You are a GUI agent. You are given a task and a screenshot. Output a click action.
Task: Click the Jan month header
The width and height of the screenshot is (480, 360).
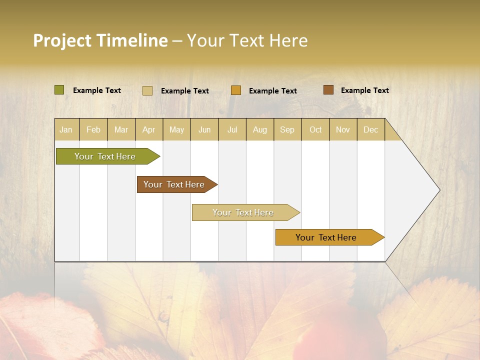66,129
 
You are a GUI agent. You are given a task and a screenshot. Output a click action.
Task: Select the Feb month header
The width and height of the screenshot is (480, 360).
93,129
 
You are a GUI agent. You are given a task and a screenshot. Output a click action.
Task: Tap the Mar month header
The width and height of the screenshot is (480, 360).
121,129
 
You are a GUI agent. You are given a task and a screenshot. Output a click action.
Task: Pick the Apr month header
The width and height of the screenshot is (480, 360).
149,129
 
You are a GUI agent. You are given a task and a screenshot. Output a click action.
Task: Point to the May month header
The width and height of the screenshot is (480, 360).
176,129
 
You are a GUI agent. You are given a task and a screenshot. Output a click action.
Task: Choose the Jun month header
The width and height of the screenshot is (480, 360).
204,129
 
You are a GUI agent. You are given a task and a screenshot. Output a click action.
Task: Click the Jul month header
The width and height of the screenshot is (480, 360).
232,129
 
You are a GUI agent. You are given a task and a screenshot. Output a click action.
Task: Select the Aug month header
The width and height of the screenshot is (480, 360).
260,129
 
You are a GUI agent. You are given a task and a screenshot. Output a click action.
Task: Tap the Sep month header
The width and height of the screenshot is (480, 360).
287,129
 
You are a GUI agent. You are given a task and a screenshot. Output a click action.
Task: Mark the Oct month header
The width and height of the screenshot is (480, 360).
315,129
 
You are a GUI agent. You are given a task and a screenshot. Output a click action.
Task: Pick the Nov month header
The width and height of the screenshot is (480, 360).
343,129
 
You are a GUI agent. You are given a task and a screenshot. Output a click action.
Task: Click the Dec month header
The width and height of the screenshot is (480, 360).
371,129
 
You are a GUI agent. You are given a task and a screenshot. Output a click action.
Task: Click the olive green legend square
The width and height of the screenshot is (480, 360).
59,90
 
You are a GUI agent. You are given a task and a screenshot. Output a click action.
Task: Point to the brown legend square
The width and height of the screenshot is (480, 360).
328,90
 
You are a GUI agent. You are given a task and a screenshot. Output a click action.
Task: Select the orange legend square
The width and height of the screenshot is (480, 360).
236,90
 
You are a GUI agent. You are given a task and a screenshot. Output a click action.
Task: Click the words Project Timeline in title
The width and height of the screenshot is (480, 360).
100,40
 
